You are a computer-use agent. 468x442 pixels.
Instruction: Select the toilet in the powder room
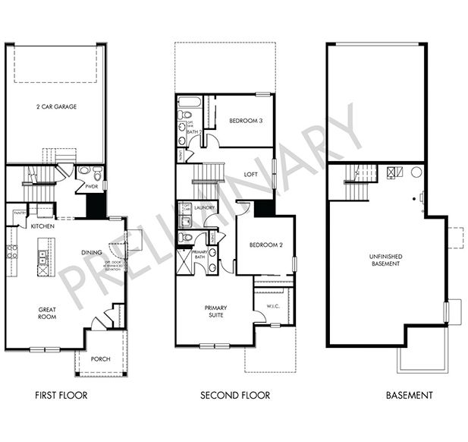coord(83,172)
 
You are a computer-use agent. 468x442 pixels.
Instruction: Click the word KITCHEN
coord(41,226)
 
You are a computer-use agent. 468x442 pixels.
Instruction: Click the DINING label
coord(92,252)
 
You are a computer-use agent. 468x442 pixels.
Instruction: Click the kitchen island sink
coord(42,258)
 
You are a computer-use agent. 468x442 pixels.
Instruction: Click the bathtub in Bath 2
coord(189,102)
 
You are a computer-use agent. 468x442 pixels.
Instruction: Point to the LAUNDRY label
coord(205,207)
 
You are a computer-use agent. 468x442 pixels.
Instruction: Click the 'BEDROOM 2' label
coord(264,245)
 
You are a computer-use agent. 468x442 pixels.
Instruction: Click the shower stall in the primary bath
coord(184,267)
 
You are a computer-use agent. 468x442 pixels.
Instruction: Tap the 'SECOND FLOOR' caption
coord(234,395)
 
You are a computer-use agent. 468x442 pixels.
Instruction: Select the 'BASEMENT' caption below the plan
coord(410,395)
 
